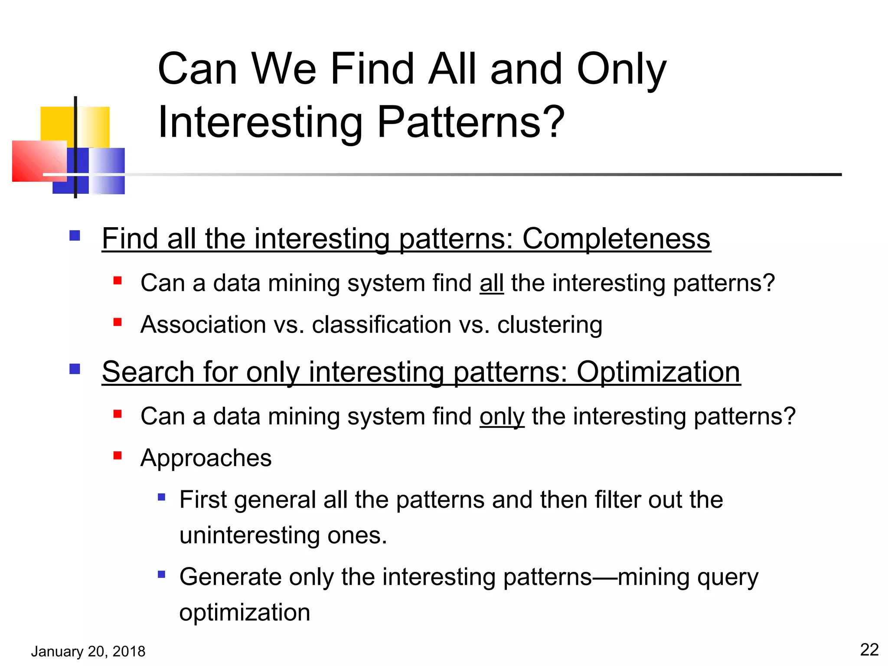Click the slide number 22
[869, 650]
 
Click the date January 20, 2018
[88, 651]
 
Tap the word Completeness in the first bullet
[616, 239]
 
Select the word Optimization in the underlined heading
[658, 372]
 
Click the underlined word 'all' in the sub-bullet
[491, 284]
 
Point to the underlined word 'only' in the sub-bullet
[502, 417]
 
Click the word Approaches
[206, 458]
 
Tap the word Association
[203, 325]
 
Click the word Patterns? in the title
[471, 123]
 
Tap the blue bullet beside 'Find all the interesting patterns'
[75, 236]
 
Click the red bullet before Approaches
[117, 455]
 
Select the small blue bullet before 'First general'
[161, 497]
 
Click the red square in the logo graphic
[38, 160]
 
